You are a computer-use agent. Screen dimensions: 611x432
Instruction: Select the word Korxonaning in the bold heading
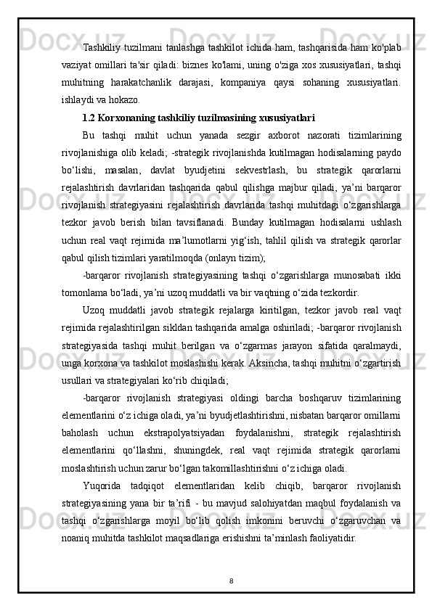pyautogui.click(x=129, y=115)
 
